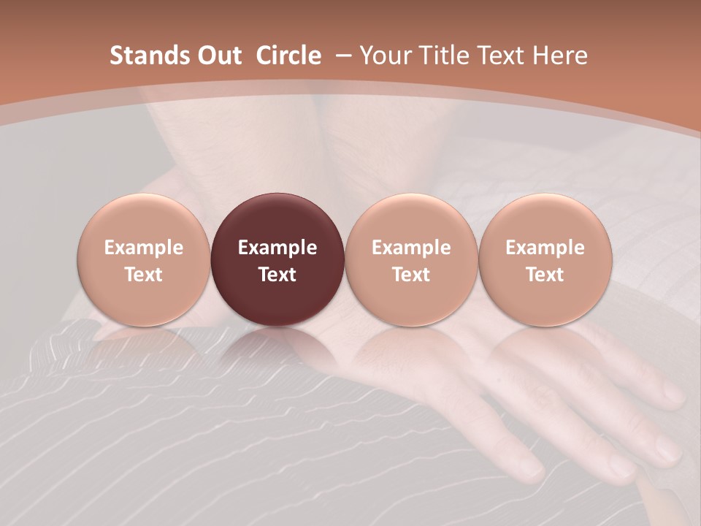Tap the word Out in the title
tap(218, 56)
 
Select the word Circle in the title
tap(288, 56)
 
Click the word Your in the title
tap(384, 56)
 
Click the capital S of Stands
tap(116, 56)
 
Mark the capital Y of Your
tap(367, 56)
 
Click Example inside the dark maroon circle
tap(277, 248)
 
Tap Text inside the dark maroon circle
tap(277, 275)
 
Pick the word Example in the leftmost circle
tap(144, 248)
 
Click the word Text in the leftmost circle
tap(144, 275)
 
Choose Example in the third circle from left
tap(411, 248)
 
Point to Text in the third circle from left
tap(411, 275)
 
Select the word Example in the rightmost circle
tap(545, 248)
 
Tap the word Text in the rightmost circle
tap(545, 275)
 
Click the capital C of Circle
tap(264, 56)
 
